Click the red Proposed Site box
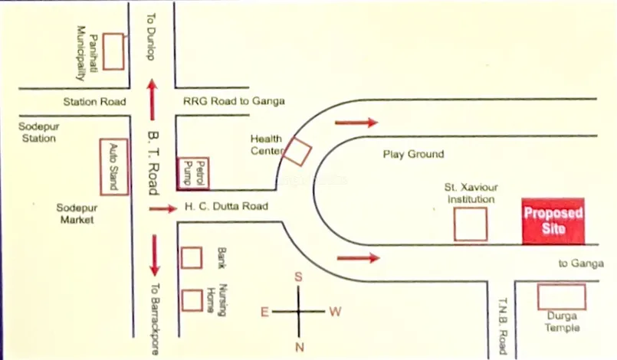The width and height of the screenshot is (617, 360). coord(553,221)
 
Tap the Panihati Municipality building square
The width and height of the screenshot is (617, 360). coord(114,51)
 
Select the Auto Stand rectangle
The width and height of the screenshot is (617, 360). coord(114,166)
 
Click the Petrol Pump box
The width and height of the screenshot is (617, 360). coord(192,173)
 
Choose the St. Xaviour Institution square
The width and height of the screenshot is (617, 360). coord(470,224)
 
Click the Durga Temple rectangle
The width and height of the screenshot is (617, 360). coord(561,297)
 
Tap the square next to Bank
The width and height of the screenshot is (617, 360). coord(191,258)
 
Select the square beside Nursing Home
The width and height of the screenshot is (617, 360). coord(191,299)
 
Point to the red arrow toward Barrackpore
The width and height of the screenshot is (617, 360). coord(155,255)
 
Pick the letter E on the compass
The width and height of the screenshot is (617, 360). coord(264,312)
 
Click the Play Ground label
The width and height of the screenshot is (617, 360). coord(413,154)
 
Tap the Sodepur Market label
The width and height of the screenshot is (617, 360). coord(77,213)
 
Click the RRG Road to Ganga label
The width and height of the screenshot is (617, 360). coord(234,101)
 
